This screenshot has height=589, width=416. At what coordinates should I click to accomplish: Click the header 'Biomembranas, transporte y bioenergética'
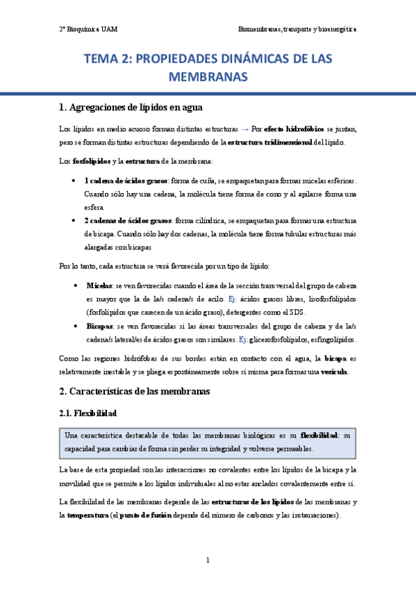point(297,30)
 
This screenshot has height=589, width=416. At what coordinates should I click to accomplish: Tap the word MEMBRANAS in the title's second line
point(208,76)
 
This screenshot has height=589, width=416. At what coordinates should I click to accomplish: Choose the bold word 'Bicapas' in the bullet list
point(101,325)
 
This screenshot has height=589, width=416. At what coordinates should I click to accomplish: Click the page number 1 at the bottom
point(208,560)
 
